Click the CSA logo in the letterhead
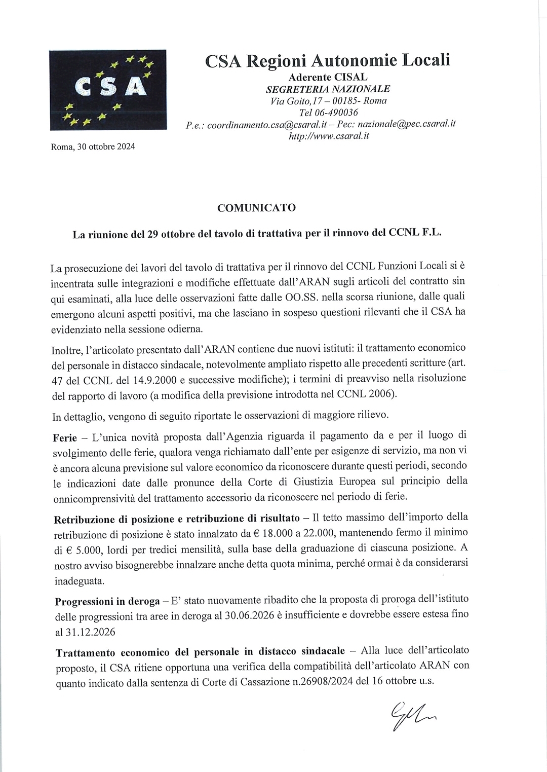108,89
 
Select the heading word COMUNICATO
256,208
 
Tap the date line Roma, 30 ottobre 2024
93,147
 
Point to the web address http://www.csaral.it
328,135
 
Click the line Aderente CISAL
328,78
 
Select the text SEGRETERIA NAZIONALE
328,89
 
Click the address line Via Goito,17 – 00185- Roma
329,101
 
